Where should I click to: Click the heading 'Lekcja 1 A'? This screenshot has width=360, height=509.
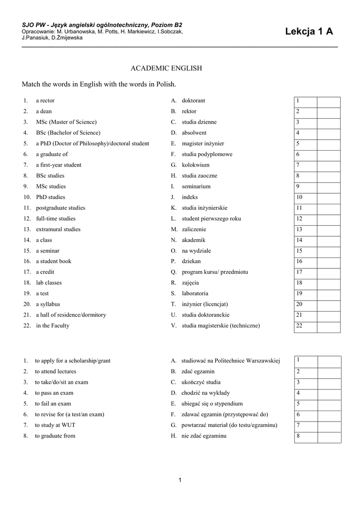309,32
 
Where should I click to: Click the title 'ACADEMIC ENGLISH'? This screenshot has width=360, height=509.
166,68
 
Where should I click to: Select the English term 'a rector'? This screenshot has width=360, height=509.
45,100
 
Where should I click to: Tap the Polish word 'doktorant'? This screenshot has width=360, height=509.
193,100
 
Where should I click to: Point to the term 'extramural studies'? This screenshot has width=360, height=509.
58,229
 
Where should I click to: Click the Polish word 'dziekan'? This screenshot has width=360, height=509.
191,261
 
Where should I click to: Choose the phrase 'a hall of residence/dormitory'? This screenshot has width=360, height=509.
71,315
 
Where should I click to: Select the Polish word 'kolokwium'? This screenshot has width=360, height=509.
196,165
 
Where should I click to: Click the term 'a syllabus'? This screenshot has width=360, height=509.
48,304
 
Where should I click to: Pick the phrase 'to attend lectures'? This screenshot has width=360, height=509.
56,371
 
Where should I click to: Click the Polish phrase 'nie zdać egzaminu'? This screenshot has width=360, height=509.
204,436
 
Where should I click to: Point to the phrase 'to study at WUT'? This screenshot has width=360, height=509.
55,425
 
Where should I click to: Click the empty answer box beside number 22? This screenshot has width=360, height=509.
329,327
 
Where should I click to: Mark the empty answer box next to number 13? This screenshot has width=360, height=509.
329,230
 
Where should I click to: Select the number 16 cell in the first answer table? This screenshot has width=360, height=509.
305,262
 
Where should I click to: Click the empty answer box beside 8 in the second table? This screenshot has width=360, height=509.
329,437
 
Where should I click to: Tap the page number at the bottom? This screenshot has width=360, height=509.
180,480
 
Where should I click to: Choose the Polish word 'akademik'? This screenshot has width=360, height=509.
193,240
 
